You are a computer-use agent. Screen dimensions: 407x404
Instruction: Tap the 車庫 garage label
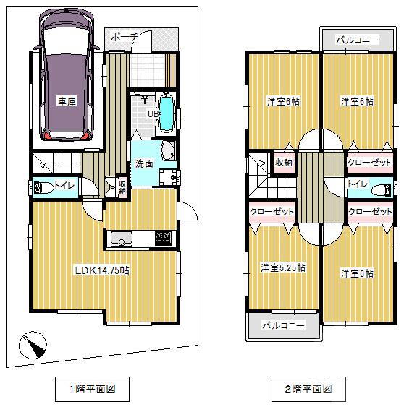click(67, 102)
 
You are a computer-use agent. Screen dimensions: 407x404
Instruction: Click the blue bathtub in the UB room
click(166, 114)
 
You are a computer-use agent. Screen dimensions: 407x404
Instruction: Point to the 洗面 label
click(144, 163)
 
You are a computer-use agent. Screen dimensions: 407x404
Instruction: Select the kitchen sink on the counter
click(120, 239)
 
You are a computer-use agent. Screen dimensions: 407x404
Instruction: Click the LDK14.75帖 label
click(103, 270)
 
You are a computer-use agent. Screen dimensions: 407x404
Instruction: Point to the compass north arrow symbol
click(32, 346)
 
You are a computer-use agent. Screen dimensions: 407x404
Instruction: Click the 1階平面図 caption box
click(93, 389)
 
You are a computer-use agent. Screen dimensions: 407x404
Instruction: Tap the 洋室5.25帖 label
click(283, 267)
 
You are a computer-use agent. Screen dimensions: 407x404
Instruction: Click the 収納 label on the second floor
click(283, 162)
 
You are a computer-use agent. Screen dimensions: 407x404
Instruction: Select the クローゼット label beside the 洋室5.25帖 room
click(272, 212)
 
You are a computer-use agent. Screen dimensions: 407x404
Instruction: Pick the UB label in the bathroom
click(153, 113)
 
